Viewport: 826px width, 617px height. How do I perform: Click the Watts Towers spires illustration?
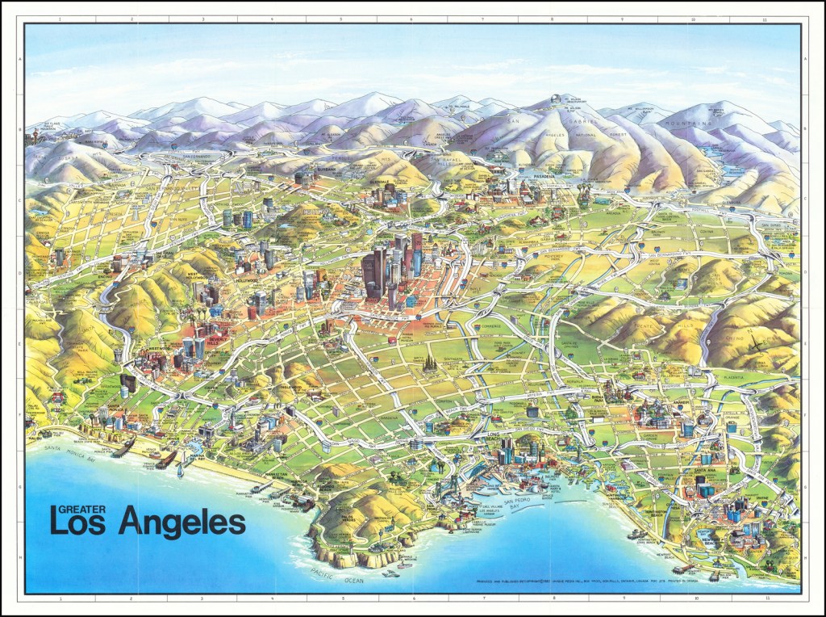pyautogui.click(x=428, y=368)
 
